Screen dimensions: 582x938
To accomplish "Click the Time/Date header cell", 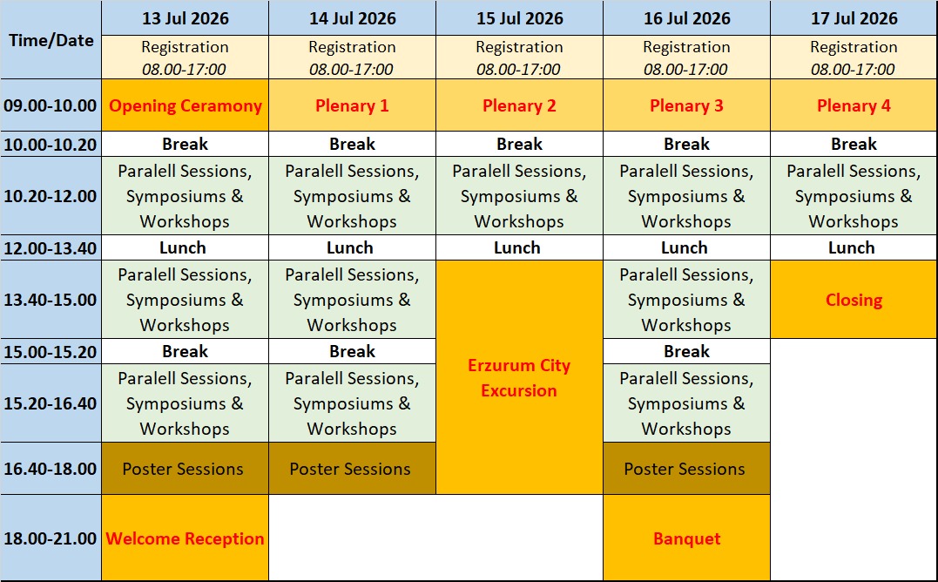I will [51, 40].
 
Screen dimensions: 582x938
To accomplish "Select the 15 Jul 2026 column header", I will [519, 18].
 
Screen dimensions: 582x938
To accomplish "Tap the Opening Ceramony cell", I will [186, 105].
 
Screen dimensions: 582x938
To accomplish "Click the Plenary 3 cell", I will [686, 105].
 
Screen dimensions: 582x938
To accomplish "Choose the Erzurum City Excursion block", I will [519, 378].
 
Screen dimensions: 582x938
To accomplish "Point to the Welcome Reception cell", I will [186, 538].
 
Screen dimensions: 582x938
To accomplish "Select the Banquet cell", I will [686, 538].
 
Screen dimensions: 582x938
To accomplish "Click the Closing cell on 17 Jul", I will [854, 300].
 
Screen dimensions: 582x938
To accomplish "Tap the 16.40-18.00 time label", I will [51, 469].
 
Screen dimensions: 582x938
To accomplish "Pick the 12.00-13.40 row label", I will [51, 248].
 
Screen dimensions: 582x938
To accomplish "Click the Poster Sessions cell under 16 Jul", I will [686, 469].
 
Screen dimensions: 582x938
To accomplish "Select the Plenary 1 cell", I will [352, 105].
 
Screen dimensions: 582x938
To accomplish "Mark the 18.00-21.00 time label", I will [51, 538].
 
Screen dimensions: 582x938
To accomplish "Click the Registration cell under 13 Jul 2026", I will [186, 58].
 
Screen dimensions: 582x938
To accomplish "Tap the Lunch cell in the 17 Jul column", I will [854, 248].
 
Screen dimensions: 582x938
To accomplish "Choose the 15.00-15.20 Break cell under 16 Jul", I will [686, 352].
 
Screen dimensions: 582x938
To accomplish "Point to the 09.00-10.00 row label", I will [51, 105].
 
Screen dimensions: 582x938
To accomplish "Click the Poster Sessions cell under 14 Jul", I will [352, 469].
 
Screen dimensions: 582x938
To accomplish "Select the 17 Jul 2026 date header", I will [854, 18].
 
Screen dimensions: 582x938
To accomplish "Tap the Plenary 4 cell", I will [854, 105].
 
